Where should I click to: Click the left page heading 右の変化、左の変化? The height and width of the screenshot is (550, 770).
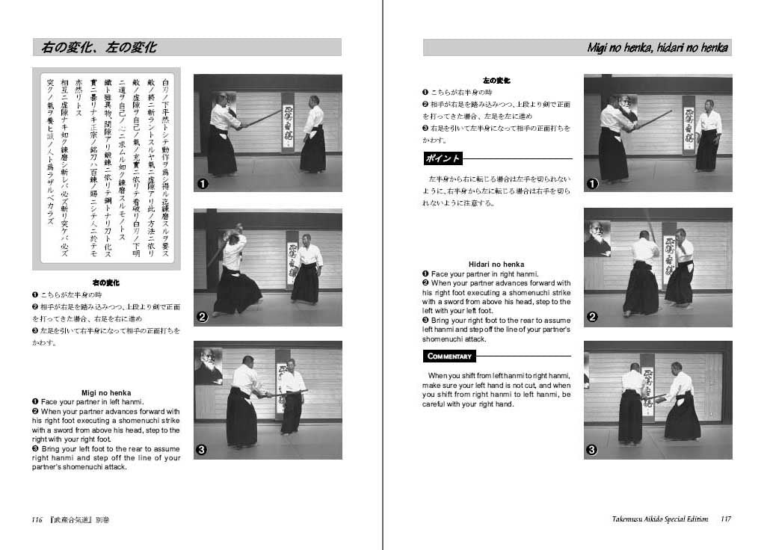click(x=99, y=48)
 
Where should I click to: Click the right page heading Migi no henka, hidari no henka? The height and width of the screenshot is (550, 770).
click(x=658, y=48)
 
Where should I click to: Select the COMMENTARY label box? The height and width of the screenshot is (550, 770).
click(x=449, y=356)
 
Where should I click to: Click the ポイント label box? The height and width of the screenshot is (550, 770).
click(x=443, y=158)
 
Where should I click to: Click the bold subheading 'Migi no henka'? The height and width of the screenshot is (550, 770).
click(x=106, y=392)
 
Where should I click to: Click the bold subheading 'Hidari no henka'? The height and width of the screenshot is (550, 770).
click(x=496, y=264)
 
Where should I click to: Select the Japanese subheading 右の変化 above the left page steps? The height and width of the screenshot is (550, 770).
click(x=106, y=283)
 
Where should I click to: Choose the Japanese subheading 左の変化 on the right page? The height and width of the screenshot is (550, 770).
click(x=496, y=80)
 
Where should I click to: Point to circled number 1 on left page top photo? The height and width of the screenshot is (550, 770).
click(x=202, y=183)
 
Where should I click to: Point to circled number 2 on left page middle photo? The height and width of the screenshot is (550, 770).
click(x=202, y=317)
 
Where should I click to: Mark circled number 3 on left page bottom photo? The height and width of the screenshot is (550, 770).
click(x=202, y=450)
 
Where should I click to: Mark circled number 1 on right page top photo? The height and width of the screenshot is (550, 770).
click(x=592, y=183)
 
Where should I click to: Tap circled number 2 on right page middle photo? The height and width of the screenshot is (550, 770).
click(x=592, y=317)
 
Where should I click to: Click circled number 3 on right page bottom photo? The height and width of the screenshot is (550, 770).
click(x=592, y=450)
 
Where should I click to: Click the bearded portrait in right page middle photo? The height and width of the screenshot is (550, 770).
click(x=597, y=238)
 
